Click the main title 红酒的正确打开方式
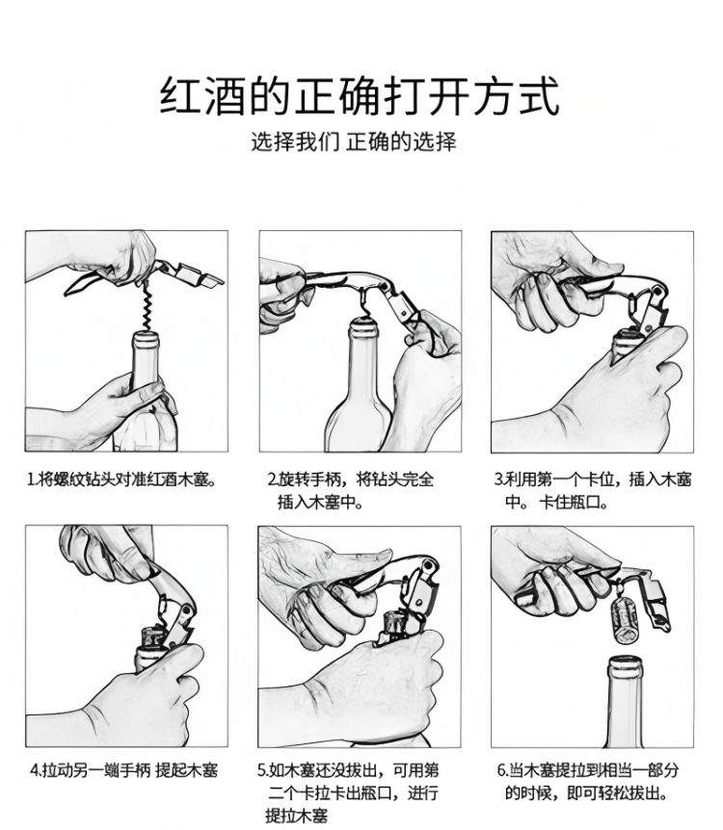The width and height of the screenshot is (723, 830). click(360, 96)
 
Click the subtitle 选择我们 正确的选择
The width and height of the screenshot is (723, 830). click(353, 142)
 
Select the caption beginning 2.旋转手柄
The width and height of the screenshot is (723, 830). click(350, 491)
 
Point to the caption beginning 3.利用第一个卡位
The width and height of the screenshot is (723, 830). click(593, 491)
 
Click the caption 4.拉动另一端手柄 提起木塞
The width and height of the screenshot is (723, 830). click(123, 769)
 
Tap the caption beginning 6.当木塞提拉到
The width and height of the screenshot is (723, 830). click(587, 781)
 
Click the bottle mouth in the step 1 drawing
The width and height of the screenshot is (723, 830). click(146, 339)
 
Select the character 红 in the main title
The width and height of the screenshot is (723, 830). click(180, 96)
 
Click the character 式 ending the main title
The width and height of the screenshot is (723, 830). click(539, 96)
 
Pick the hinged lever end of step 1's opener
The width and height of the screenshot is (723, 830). click(196, 276)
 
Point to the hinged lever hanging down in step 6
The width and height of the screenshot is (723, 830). click(658, 603)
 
